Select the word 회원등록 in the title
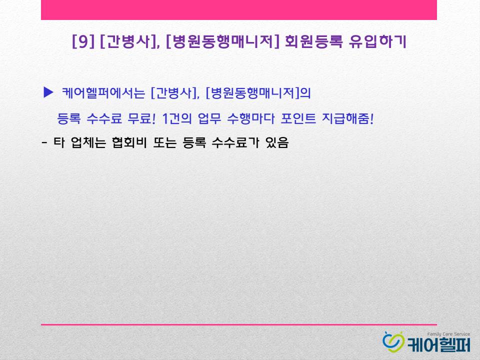pos(314,41)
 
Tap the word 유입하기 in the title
pos(378,41)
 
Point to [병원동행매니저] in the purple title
pos(222,41)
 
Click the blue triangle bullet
pos(48,92)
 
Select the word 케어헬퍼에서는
pos(103,93)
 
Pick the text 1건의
pos(176,118)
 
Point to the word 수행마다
pos(250,118)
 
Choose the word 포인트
pos(298,118)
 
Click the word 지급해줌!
pos(348,118)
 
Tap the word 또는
pos(164,142)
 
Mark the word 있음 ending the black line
pos(277,142)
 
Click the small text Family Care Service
pos(448,334)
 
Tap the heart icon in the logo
pos(393,342)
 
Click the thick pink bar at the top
pos(239,10)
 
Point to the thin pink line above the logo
pos(239,324)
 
